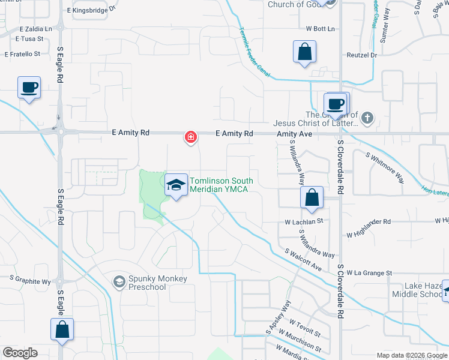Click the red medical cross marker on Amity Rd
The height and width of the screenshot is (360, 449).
pos(191,138)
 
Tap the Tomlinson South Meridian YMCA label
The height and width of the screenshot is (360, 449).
pos(221,186)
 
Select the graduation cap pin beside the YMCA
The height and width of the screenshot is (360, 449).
pos(176,185)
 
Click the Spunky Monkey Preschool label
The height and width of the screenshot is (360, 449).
pos(157,283)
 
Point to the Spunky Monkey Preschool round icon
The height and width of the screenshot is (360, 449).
pos(119,281)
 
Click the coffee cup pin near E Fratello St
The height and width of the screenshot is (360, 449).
pos(29,88)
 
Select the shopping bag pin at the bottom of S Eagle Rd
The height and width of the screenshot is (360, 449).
pos(62,329)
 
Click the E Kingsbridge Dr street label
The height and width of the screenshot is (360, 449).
pos(90,11)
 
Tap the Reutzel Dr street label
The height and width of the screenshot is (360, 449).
pos(361,55)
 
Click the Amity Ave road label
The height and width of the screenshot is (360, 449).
pos(294,134)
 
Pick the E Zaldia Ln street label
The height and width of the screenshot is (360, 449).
pos(36,28)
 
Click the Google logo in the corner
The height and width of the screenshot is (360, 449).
pos(20,353)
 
